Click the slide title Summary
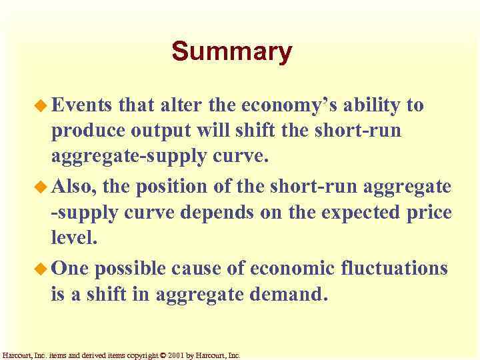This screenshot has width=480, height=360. coord(231,52)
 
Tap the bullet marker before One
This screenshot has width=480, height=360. coord(42,268)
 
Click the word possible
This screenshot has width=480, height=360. coord(130,268)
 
